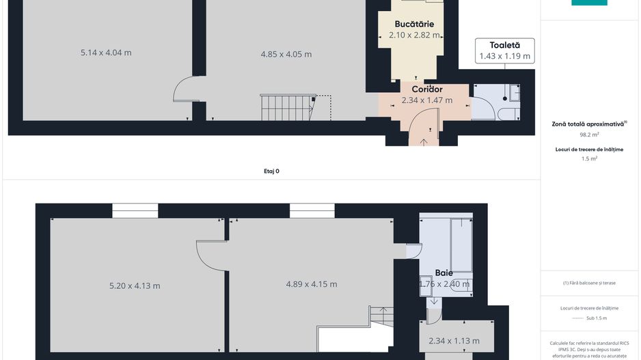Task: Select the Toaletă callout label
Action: point(504,45)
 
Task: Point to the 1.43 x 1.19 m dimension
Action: point(504,56)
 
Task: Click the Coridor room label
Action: point(427,89)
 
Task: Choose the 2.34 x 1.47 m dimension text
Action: point(427,100)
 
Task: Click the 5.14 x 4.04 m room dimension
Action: point(106,53)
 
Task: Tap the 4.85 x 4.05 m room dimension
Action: point(286,54)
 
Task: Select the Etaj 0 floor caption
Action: point(271,171)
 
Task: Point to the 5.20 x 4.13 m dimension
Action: point(135,286)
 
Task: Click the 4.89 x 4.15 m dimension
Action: point(311,284)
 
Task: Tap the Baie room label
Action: point(444,273)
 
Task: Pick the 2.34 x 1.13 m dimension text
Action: point(454,341)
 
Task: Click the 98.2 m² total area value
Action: point(589,135)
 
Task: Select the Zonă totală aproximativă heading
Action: point(588,124)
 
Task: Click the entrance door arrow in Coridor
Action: point(424,141)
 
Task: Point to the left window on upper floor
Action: point(135,210)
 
